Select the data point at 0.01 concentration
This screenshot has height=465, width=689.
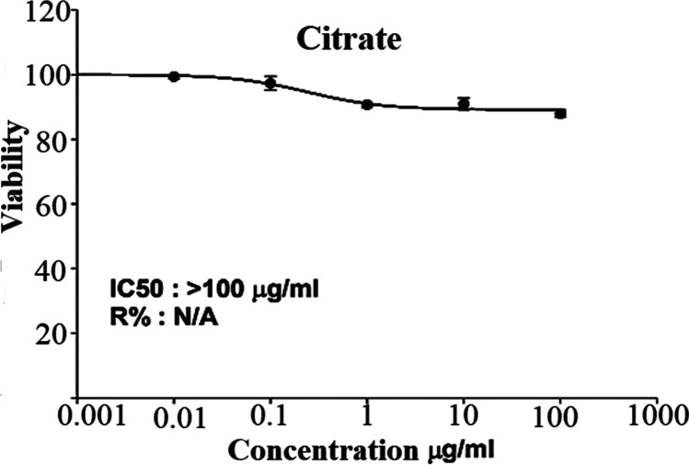click(x=174, y=76)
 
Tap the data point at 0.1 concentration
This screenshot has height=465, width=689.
click(x=270, y=83)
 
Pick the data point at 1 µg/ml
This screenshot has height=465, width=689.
click(x=367, y=105)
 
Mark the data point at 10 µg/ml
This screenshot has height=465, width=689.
click(x=464, y=104)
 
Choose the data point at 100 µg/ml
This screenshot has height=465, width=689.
click(x=559, y=113)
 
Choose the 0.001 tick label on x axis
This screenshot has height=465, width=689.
click(x=76, y=422)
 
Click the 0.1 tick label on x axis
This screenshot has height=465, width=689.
click(x=270, y=422)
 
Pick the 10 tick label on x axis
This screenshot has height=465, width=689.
click(x=464, y=422)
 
